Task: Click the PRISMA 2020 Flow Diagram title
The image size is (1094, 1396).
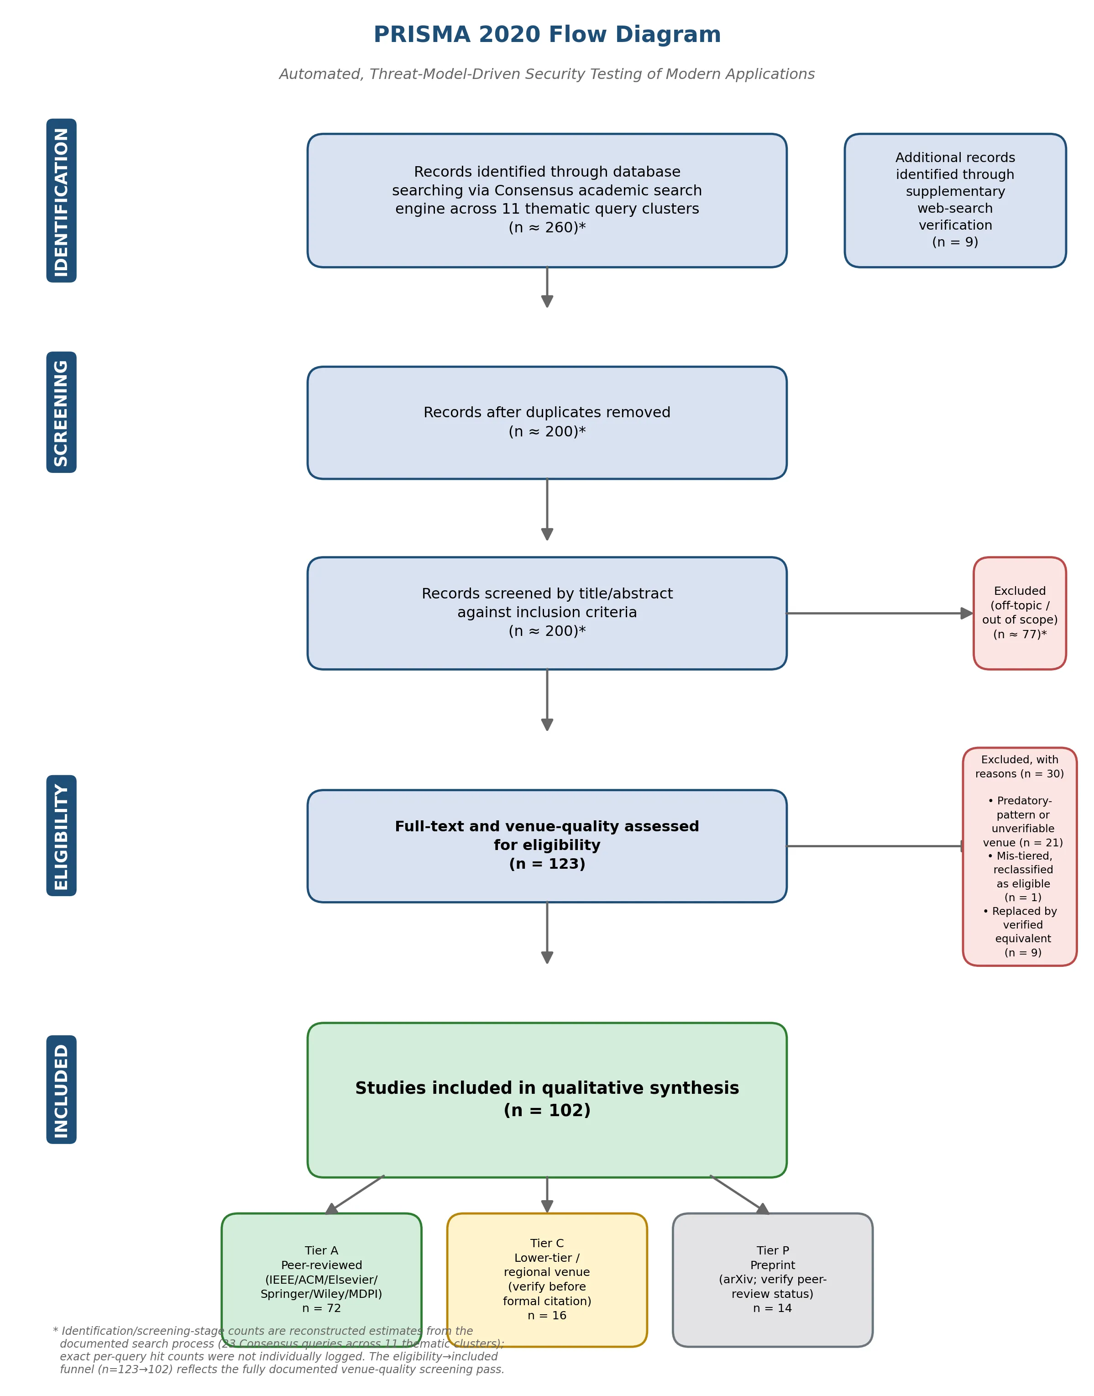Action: pyautogui.click(x=547, y=35)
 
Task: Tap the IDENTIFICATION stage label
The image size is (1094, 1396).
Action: pyautogui.click(x=62, y=200)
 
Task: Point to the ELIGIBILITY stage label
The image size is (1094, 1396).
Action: pyautogui.click(x=62, y=835)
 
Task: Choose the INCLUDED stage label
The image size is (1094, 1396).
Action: pyautogui.click(x=62, y=1090)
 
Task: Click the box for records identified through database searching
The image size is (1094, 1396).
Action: pyautogui.click(x=547, y=200)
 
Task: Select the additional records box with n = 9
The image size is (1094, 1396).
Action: pyautogui.click(x=955, y=200)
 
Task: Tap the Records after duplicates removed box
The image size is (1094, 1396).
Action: pyautogui.click(x=547, y=423)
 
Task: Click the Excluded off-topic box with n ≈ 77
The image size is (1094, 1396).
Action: pyautogui.click(x=1020, y=613)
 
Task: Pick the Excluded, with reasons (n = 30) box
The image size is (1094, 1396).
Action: pyautogui.click(x=1020, y=856)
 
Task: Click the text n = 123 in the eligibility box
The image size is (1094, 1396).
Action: pyautogui.click(x=547, y=864)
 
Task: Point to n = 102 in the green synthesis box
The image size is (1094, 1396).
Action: pyautogui.click(x=547, y=1110)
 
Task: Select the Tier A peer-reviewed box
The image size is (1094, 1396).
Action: pyautogui.click(x=322, y=1280)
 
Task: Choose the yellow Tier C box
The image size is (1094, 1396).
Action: pyautogui.click(x=547, y=1280)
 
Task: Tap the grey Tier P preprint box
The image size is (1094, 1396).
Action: pyautogui.click(x=772, y=1280)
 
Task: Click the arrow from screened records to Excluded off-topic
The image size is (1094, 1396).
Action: pyautogui.click(x=880, y=613)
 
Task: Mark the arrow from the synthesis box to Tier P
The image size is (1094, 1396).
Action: pyautogui.click(x=740, y=1194)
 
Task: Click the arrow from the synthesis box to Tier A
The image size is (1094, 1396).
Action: pyautogui.click(x=354, y=1194)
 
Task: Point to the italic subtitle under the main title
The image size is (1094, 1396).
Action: pyautogui.click(x=547, y=74)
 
